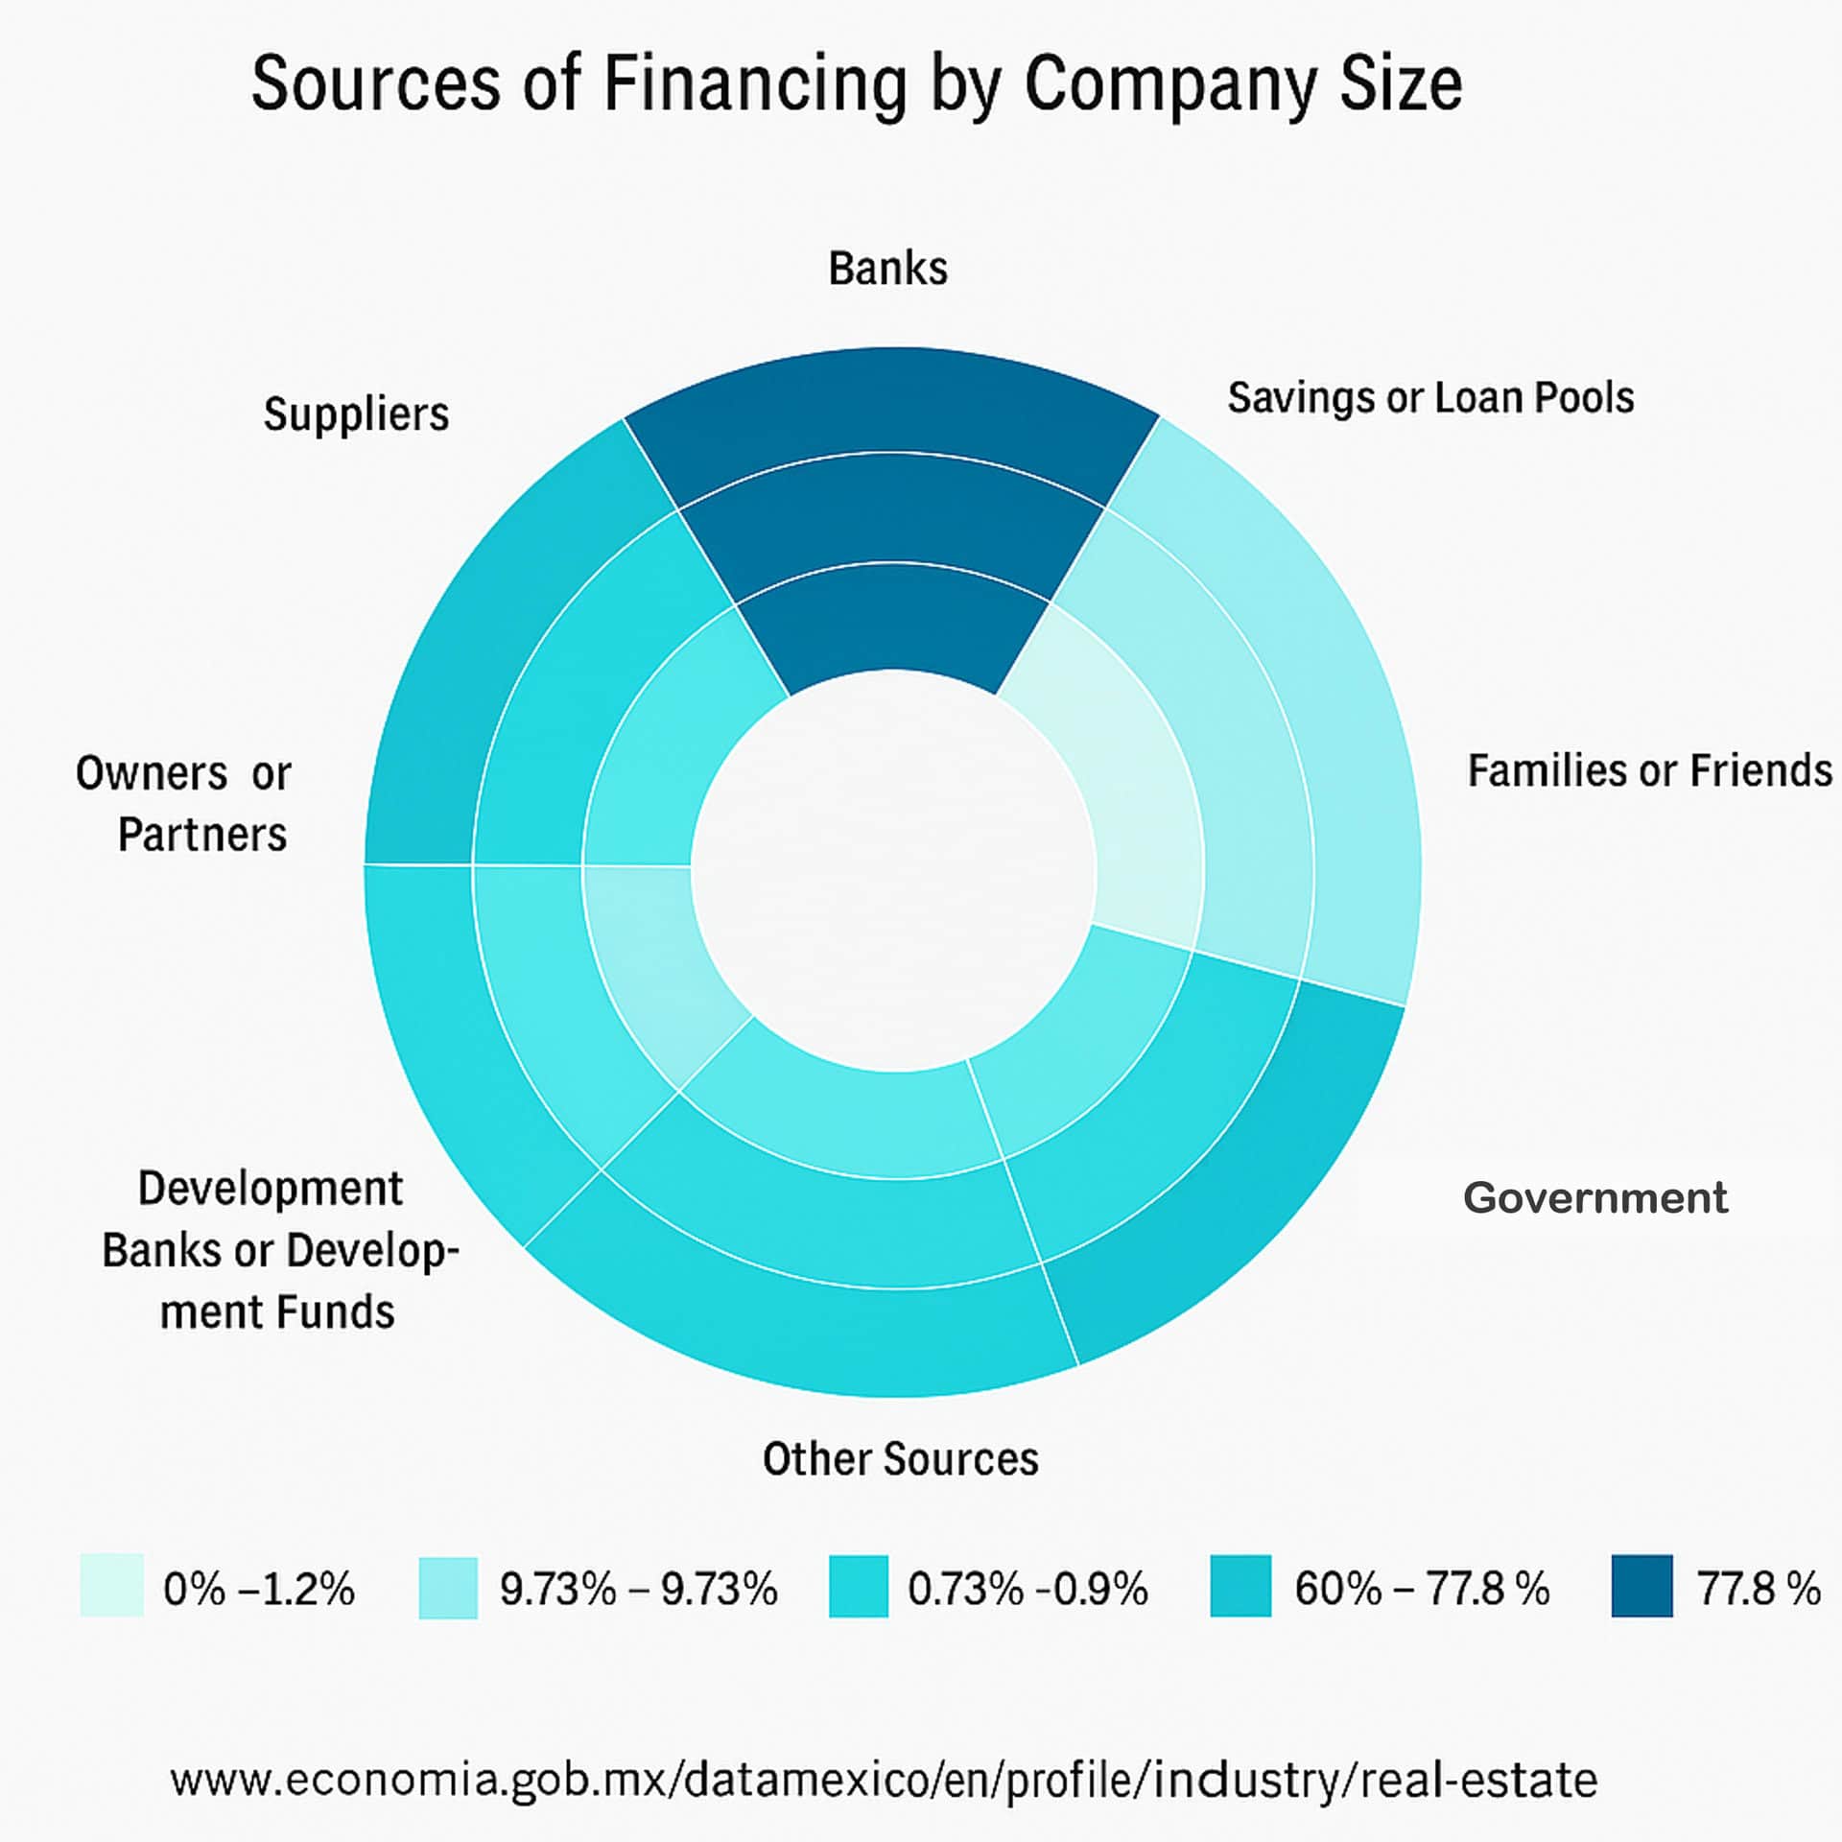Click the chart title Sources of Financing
(x=856, y=84)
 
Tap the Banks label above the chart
(x=887, y=269)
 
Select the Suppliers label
(x=356, y=414)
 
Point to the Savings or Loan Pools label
(x=1430, y=398)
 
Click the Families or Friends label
(x=1649, y=770)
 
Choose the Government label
(x=1594, y=1198)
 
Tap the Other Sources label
(x=900, y=1459)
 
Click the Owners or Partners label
(x=184, y=804)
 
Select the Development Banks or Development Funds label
(x=278, y=1250)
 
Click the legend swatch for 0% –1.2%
(x=111, y=1586)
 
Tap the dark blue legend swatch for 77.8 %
(x=1641, y=1586)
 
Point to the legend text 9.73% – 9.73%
(x=638, y=1589)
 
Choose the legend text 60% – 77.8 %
(x=1422, y=1589)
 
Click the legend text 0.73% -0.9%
(x=1027, y=1589)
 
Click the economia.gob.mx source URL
(x=884, y=1781)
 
